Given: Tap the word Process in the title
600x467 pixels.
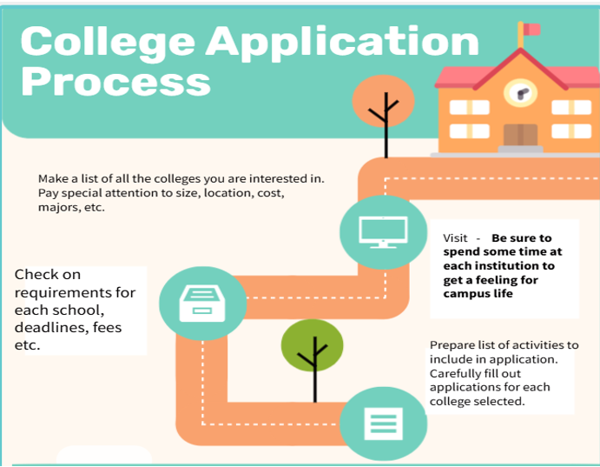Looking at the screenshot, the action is (116, 81).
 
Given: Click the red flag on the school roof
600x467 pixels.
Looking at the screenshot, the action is (532, 29).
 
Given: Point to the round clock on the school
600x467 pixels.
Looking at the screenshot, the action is (520, 93).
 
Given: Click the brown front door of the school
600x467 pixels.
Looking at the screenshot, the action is (520, 135).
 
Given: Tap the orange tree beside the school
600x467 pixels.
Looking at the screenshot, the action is (384, 115).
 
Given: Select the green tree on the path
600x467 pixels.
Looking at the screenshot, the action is (313, 360).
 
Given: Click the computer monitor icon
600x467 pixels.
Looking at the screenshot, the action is (384, 232).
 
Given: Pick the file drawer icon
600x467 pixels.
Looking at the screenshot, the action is (202, 303).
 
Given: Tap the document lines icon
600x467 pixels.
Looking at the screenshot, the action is (384, 424).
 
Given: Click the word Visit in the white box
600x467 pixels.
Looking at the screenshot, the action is (455, 238).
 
